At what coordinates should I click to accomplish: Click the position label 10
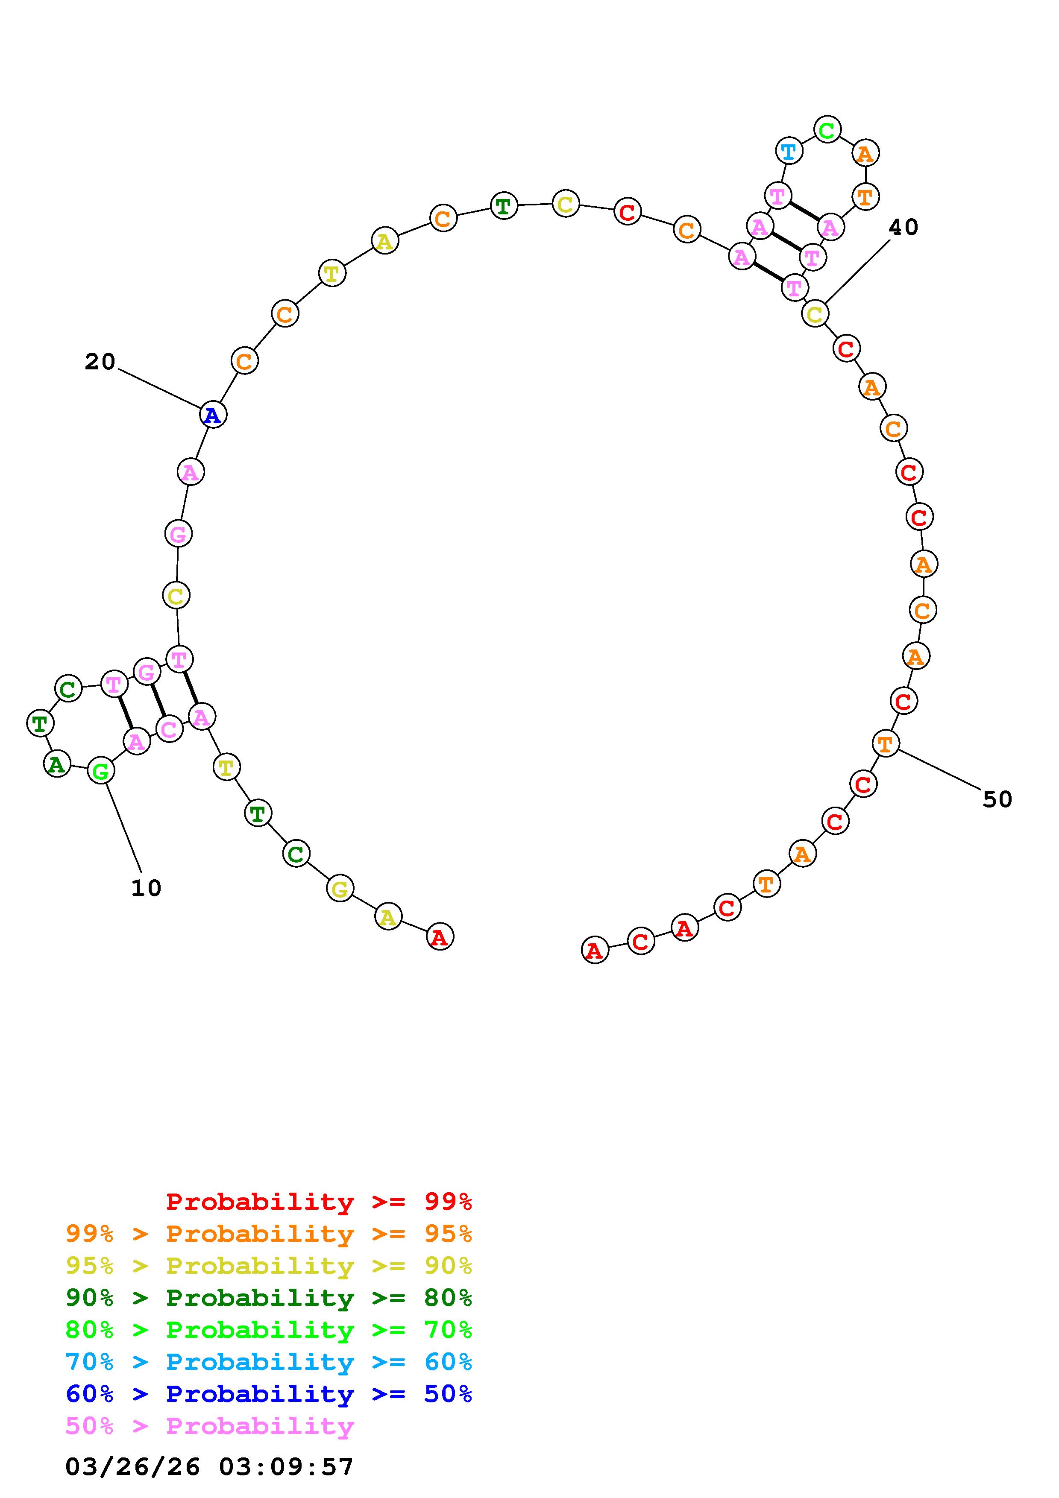tap(146, 888)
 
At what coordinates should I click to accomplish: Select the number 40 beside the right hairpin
tap(904, 227)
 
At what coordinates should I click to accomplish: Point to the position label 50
tap(997, 799)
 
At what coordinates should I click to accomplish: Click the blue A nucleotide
tap(213, 414)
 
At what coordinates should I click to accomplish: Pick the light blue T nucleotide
tap(789, 151)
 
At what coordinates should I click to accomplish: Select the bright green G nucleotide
tap(100, 771)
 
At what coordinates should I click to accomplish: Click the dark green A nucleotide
tap(57, 764)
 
